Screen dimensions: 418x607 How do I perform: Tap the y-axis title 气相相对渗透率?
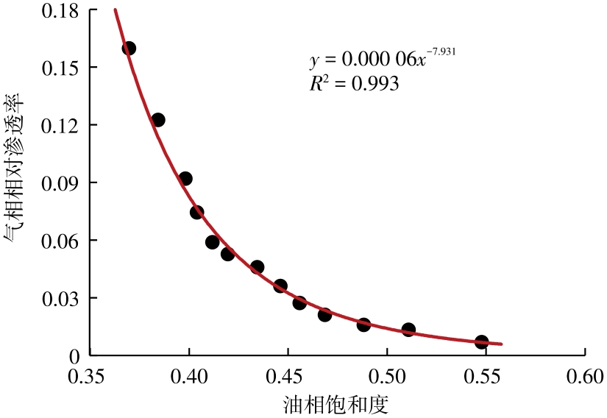pyautogui.click(x=16, y=183)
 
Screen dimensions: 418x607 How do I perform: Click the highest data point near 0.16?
pyautogui.click(x=129, y=49)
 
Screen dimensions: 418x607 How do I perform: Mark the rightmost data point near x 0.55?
pyautogui.click(x=482, y=342)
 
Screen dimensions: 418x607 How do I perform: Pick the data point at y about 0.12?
pyautogui.click(x=158, y=120)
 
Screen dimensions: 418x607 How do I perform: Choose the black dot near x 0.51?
pyautogui.click(x=408, y=330)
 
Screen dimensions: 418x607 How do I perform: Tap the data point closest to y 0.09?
pyautogui.click(x=185, y=179)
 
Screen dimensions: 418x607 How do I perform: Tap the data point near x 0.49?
pyautogui.click(x=363, y=325)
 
